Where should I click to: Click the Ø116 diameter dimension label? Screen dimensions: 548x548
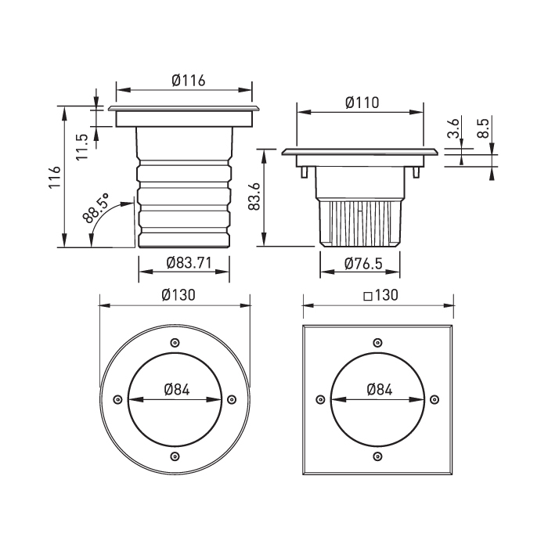click(x=189, y=81)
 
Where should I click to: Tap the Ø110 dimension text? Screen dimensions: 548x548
click(x=362, y=103)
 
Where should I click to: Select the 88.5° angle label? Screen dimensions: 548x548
click(x=96, y=208)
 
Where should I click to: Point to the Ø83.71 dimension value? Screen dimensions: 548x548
click(x=189, y=262)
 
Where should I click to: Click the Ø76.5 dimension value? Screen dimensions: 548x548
click(x=363, y=264)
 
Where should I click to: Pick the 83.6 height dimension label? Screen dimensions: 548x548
click(x=254, y=196)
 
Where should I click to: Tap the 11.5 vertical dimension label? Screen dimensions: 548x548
click(x=82, y=147)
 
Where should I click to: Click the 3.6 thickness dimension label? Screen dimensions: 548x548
click(x=453, y=128)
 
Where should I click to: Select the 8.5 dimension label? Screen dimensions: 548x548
click(x=483, y=128)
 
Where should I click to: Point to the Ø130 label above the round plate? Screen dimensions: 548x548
click(x=178, y=295)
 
